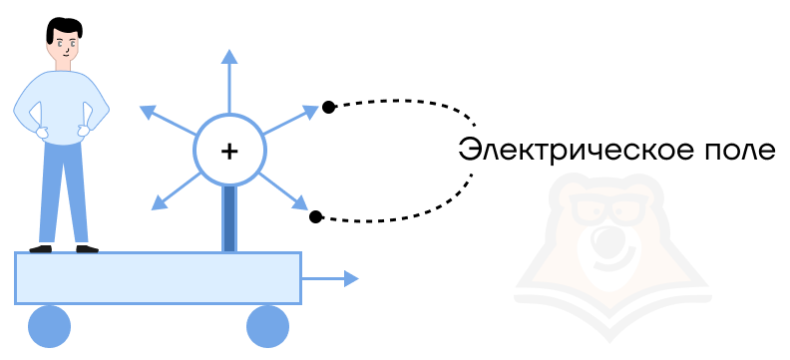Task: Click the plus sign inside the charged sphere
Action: pyautogui.click(x=229, y=151)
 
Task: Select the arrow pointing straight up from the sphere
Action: pyautogui.click(x=229, y=82)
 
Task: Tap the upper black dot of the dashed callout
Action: pyautogui.click(x=328, y=107)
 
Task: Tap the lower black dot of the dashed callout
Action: pyautogui.click(x=315, y=217)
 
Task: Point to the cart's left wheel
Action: pyautogui.click(x=50, y=326)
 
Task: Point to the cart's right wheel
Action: pyautogui.click(x=267, y=326)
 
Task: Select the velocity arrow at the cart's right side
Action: pyautogui.click(x=329, y=278)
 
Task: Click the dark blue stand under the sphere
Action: pyautogui.click(x=229, y=218)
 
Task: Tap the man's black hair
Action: pyautogui.click(x=64, y=29)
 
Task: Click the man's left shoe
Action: pyautogui.click(x=40, y=248)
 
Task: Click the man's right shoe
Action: pyautogui.click(x=87, y=248)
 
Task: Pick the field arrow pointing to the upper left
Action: pyautogui.click(x=168, y=121)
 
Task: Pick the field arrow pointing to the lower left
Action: pyautogui.click(x=177, y=190)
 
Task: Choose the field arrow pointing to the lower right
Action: pyautogui.click(x=283, y=191)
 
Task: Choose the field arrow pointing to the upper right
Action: pyautogui.click(x=290, y=120)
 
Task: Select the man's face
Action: pyautogui.click(x=64, y=46)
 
